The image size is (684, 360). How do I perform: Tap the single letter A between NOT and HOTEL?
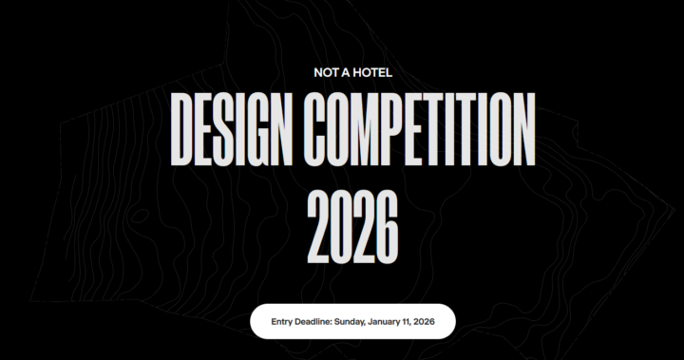pos(343,71)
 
